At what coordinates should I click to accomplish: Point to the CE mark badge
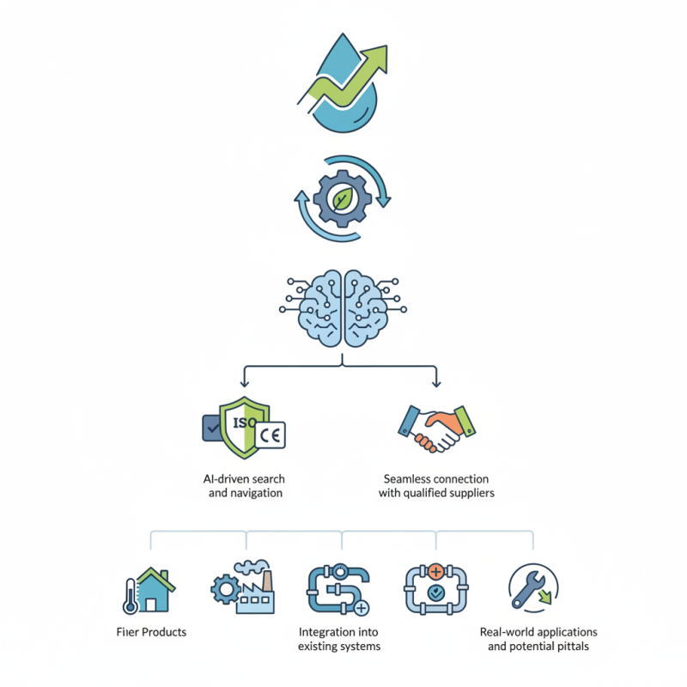pyautogui.click(x=271, y=435)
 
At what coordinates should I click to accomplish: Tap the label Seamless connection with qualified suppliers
pyautogui.click(x=436, y=485)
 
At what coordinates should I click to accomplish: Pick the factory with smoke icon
pyautogui.click(x=252, y=589)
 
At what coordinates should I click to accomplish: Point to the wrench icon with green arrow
pyautogui.click(x=532, y=588)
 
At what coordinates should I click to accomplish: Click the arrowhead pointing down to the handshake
pyautogui.click(x=436, y=381)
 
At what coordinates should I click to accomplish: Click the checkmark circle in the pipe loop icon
pyautogui.click(x=436, y=593)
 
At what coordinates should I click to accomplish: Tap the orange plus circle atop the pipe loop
pyautogui.click(x=436, y=570)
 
